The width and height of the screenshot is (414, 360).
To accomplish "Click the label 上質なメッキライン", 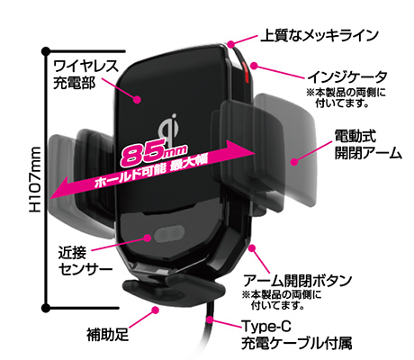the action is [x=319, y=35].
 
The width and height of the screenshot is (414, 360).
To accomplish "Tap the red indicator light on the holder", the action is [x=244, y=72].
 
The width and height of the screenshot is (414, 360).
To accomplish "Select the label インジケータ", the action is [x=347, y=77].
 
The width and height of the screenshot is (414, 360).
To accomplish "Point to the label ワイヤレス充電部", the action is [x=85, y=75].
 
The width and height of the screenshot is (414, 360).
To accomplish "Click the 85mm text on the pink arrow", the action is [x=154, y=153].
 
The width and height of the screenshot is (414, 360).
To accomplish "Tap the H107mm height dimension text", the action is [x=35, y=179].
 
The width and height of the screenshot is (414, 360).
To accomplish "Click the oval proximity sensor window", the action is [x=169, y=234].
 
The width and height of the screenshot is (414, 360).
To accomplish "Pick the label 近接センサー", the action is [x=85, y=261].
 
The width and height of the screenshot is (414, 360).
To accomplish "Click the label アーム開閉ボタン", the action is [x=297, y=281].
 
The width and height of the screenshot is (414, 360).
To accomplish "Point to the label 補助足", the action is [x=107, y=335].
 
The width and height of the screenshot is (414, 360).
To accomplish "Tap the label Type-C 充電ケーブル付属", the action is [x=296, y=335].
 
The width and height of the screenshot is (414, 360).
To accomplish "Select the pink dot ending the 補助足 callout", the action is [x=155, y=310].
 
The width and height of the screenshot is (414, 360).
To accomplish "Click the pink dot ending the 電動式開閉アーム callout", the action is [x=294, y=162].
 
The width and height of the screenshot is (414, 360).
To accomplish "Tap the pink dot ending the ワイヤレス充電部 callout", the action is [x=138, y=99].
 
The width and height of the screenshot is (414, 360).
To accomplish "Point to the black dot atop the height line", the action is [x=46, y=51].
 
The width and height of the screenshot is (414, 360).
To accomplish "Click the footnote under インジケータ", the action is [x=346, y=98].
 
